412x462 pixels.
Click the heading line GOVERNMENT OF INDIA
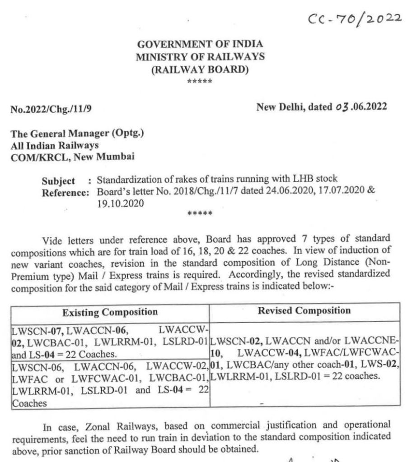pos(200,44)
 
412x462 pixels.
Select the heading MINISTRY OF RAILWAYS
pos(200,57)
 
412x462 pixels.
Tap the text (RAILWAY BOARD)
pos(200,69)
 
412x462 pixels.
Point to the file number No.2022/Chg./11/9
pos(53,109)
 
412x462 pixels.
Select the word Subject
pos(59,181)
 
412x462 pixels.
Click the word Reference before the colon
pos(63,192)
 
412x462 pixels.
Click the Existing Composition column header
pos(110,312)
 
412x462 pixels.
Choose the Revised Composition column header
pos(304,311)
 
